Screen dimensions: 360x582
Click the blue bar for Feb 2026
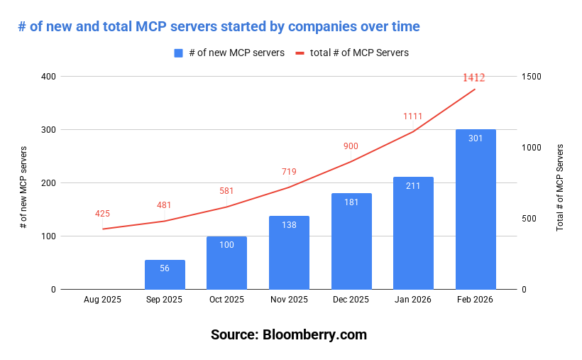(x=476, y=209)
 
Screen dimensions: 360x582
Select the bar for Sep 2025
(x=165, y=275)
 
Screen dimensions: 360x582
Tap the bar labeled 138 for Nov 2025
(x=289, y=253)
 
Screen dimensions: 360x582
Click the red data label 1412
(x=473, y=77)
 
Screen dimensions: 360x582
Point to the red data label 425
(x=102, y=214)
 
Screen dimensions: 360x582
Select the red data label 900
(x=351, y=146)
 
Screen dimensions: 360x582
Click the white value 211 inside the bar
(x=413, y=186)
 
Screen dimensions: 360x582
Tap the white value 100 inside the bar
(x=226, y=245)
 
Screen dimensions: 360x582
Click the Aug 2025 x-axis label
(x=102, y=300)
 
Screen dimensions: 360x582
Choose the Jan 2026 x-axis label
(x=413, y=300)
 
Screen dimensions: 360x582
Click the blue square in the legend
(x=179, y=53)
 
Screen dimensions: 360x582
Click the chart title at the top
(x=219, y=27)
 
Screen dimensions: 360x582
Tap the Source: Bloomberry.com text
(x=289, y=334)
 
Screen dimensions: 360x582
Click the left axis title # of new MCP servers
(x=23, y=187)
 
